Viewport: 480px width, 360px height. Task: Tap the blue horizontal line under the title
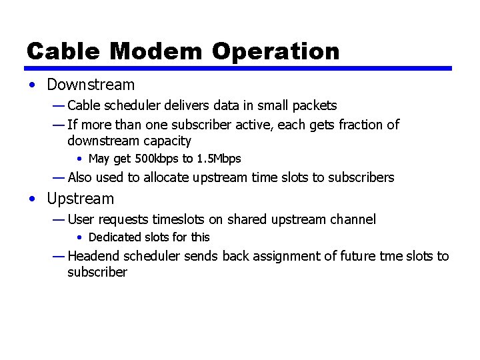[x=238, y=68]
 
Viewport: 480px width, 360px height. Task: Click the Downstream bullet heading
[x=91, y=85]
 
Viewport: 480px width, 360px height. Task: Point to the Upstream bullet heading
[x=81, y=199]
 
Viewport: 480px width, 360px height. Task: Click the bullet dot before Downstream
[x=33, y=85]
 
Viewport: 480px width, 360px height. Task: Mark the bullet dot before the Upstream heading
[x=33, y=199]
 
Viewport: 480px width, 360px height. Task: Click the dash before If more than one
[x=59, y=125]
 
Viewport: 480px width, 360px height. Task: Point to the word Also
[x=80, y=177]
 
